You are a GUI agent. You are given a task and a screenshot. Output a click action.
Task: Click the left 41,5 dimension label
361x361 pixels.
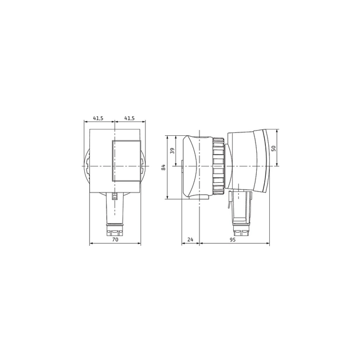98,118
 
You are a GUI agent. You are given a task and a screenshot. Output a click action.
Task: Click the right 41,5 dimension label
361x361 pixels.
129,118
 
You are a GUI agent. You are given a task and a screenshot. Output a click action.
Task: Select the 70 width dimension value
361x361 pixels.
115,240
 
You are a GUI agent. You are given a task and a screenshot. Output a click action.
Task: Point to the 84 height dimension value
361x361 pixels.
163,167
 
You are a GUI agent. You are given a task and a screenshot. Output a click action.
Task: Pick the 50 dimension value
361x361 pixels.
274,148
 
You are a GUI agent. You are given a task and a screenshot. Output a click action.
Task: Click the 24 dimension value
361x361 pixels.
190,240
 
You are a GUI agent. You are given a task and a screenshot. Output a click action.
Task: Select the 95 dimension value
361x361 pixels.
233,240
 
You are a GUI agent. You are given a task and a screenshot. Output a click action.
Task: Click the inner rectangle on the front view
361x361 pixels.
126,162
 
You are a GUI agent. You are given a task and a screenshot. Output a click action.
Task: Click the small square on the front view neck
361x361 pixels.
115,197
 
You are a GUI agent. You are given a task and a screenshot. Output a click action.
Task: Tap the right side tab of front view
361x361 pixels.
143,166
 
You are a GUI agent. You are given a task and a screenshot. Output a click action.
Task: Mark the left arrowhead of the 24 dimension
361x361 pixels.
183,244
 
